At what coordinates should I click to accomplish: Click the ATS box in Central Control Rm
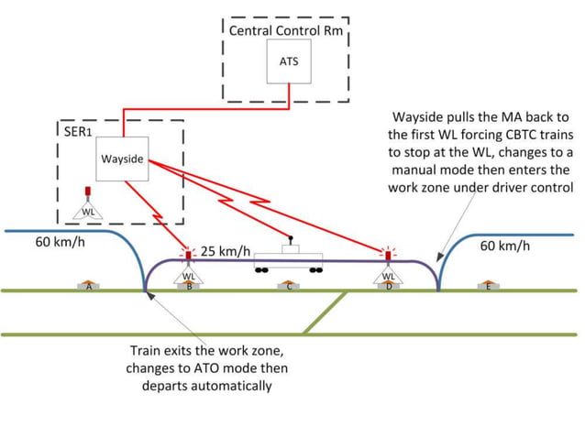(x=289, y=61)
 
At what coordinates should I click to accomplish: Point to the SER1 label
(x=77, y=130)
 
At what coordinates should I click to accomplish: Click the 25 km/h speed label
(x=226, y=251)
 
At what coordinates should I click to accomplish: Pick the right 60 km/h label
(x=504, y=246)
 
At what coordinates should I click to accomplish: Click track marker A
(x=89, y=285)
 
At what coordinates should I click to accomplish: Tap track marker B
(x=189, y=285)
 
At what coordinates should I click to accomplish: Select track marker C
(x=289, y=285)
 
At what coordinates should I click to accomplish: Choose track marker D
(x=389, y=285)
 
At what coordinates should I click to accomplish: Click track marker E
(x=488, y=285)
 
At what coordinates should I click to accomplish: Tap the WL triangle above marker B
(x=189, y=273)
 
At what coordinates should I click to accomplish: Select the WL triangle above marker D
(x=388, y=273)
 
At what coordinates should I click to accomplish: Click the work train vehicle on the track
(x=291, y=258)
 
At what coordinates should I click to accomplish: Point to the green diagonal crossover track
(x=325, y=312)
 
